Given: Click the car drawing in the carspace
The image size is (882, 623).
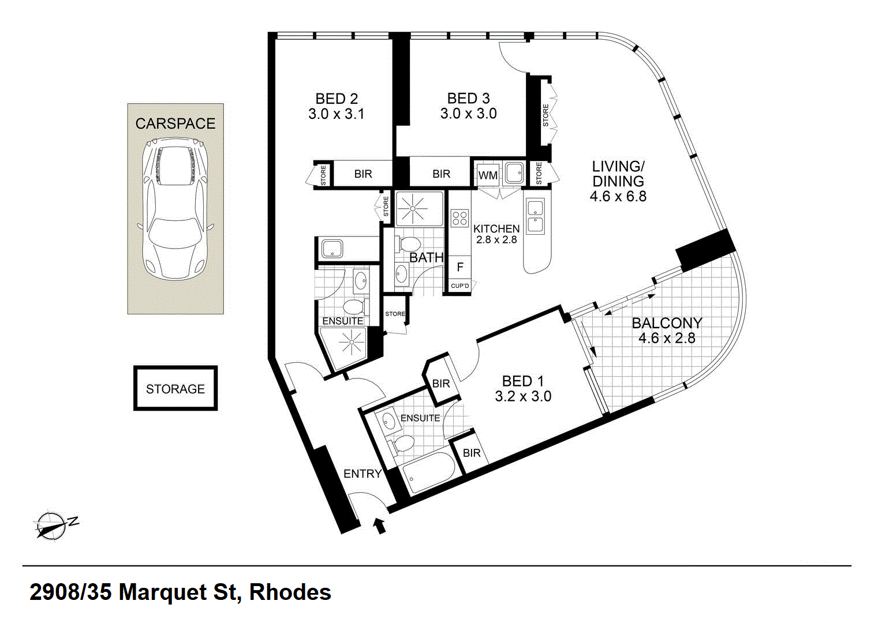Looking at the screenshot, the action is click(x=175, y=209).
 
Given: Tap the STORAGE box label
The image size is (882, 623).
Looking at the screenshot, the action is click(x=175, y=389).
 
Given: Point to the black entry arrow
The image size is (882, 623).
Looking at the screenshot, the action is click(x=380, y=526).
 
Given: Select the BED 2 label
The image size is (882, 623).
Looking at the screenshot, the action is click(x=337, y=99).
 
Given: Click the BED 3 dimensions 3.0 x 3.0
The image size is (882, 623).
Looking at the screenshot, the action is click(x=469, y=114).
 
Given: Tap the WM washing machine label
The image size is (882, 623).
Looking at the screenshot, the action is click(x=488, y=175).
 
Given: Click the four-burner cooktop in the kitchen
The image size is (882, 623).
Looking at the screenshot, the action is click(x=459, y=219).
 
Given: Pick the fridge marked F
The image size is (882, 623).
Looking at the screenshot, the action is click(x=460, y=267).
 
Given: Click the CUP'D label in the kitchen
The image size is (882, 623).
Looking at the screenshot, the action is click(x=460, y=286).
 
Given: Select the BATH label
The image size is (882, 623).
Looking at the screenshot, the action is click(x=427, y=258).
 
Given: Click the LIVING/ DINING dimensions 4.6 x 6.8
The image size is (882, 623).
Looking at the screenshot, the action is click(x=618, y=196).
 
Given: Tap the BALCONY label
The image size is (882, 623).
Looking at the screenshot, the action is click(x=667, y=323).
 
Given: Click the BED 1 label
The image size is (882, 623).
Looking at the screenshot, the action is click(x=523, y=381).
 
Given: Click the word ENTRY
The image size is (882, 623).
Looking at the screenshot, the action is click(x=362, y=474).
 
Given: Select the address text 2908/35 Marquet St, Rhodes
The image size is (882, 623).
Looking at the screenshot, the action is click(x=180, y=592).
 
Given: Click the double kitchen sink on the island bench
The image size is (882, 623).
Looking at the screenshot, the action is click(x=536, y=217).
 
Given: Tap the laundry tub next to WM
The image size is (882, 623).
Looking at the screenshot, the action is click(x=515, y=173).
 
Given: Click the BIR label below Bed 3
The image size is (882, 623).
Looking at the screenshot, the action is click(x=441, y=174).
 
